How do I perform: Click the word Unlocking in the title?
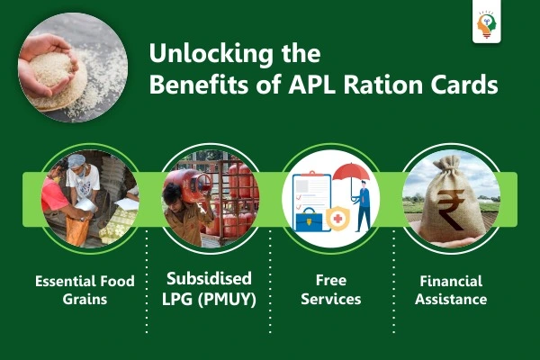pos(211,54)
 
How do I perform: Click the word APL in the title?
pos(312,85)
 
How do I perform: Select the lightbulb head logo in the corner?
pos(486,24)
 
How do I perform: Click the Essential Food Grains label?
pos(85,290)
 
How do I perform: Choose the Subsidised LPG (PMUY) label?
pos(209,289)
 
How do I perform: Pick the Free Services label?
pos(331,290)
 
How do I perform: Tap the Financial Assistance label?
pos(451,290)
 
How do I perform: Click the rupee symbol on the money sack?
pos(451,209)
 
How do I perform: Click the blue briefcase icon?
pos(309,220)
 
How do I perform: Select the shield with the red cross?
pos(337,218)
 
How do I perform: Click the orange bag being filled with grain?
pos(77,230)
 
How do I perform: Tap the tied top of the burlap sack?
pos(448,163)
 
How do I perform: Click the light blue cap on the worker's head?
pos(76,160)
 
